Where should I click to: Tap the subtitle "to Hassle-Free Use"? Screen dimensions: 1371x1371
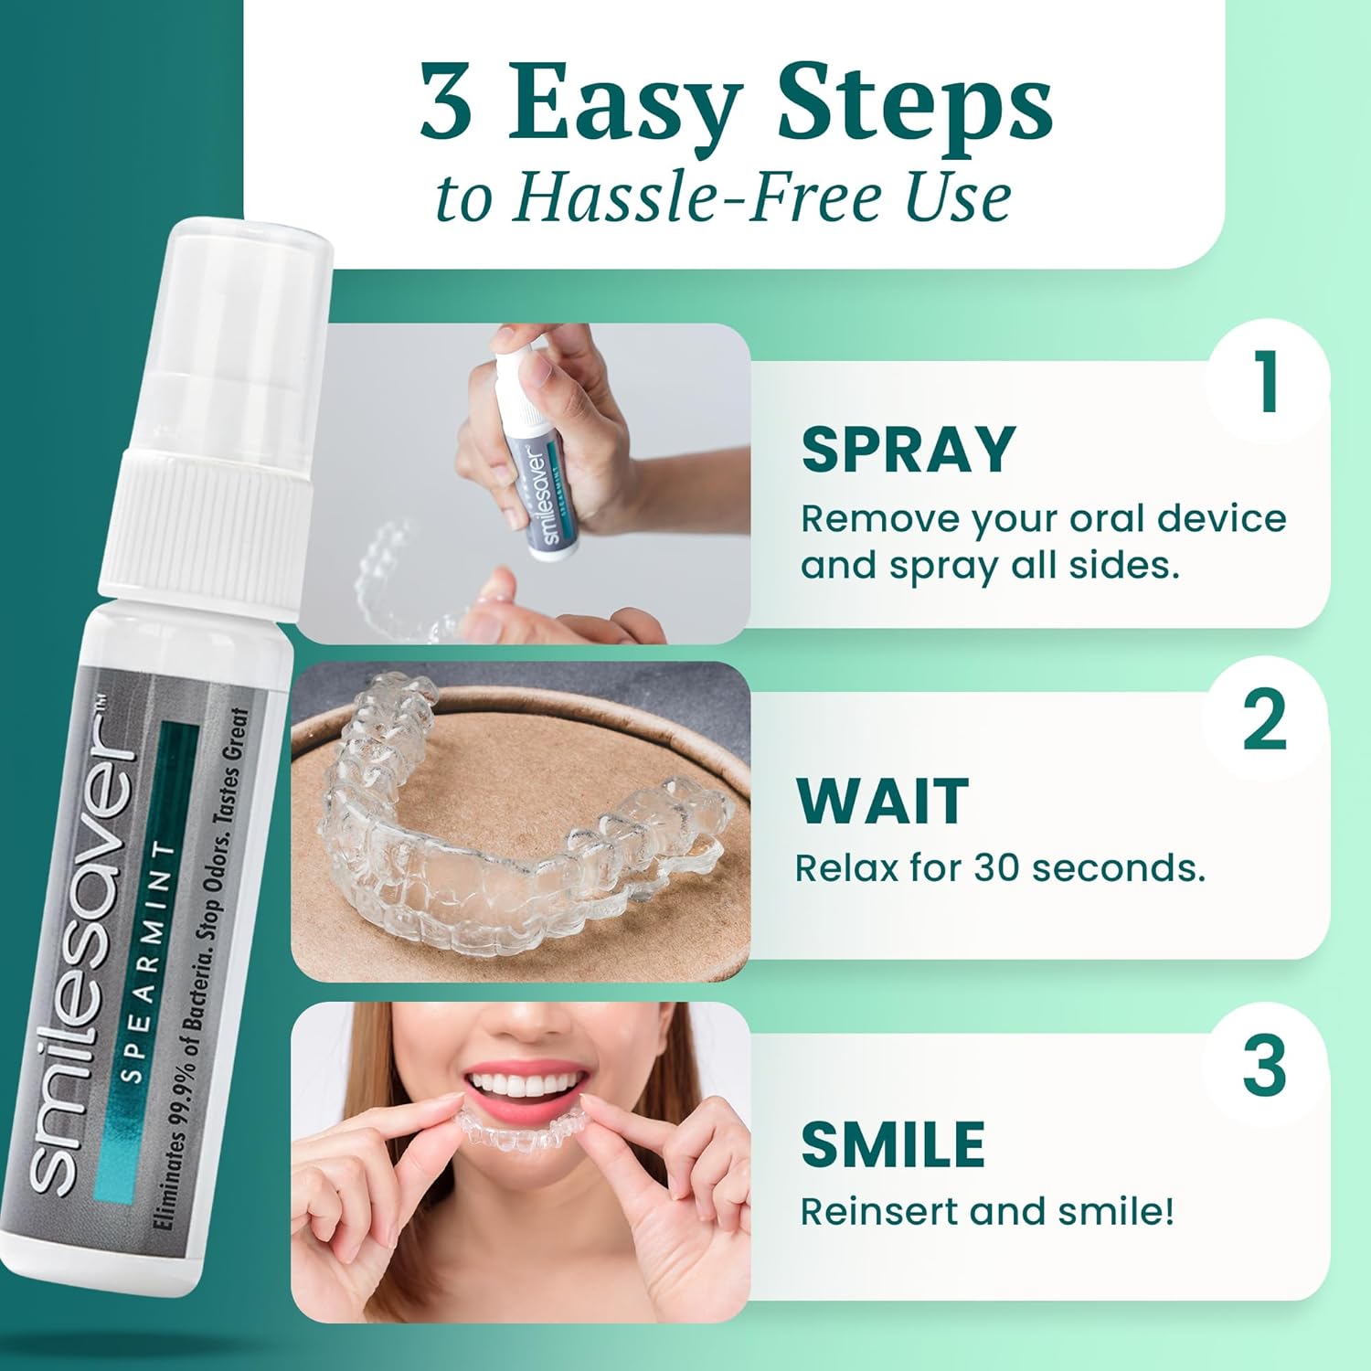723,197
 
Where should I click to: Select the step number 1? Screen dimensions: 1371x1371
1267,383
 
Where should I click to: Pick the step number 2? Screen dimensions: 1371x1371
1265,722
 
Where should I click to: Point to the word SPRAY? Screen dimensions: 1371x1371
909,449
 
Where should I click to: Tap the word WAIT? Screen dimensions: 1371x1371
882,802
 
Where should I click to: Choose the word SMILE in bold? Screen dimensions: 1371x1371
893,1144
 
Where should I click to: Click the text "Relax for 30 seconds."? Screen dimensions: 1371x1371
1000,867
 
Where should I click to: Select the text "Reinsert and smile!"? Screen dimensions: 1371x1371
987,1211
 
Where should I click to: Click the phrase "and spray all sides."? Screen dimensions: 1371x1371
990,566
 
